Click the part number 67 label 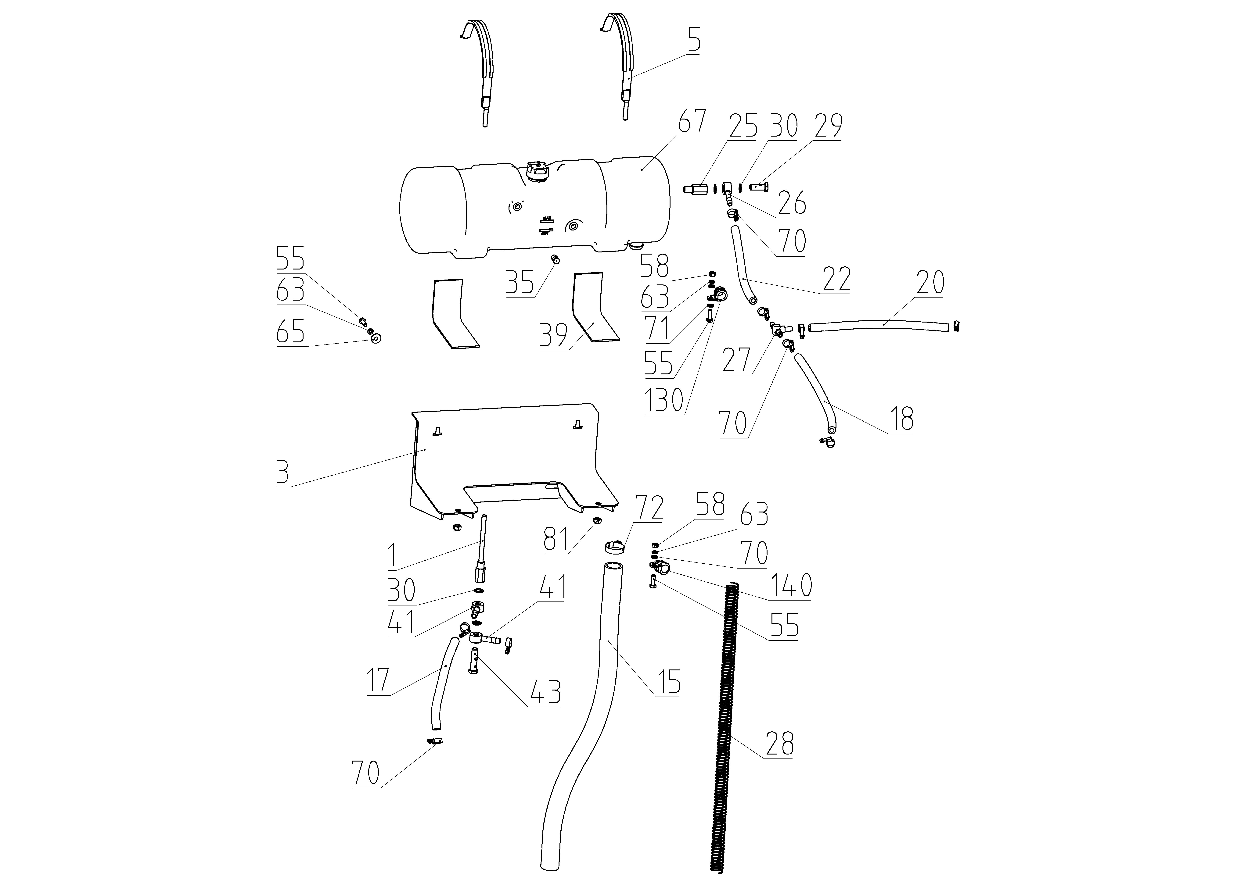click(692, 121)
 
